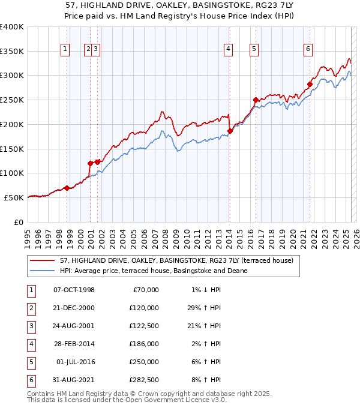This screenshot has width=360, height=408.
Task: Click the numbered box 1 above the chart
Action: [65, 50]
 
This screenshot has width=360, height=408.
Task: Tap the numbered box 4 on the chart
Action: [229, 50]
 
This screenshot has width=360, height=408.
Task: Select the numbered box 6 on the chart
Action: [308, 50]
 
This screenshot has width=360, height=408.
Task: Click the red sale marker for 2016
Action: [256, 100]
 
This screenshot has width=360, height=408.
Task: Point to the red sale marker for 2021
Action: [310, 84]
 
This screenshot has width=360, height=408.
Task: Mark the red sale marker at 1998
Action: [67, 188]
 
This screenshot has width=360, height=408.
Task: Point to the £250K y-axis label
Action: [12, 100]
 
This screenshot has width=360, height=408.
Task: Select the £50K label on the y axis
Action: [14, 197]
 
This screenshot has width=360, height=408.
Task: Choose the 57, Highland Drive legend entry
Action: [176, 260]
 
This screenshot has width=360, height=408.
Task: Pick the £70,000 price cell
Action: [146, 289]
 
